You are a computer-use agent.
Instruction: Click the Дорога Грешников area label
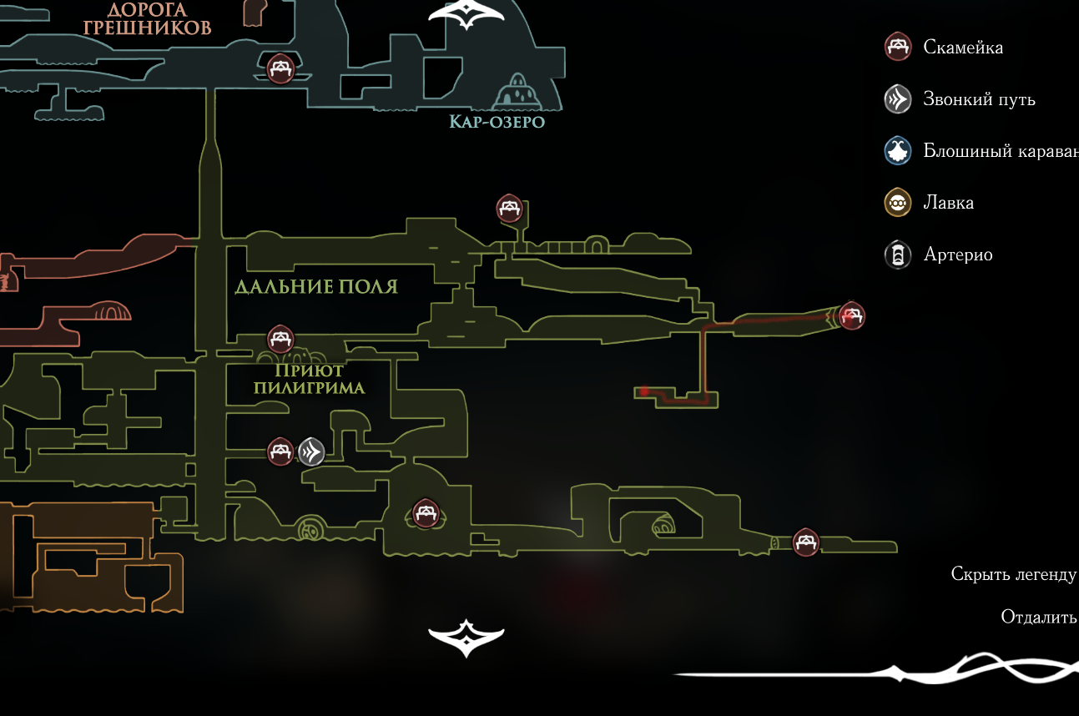(147, 19)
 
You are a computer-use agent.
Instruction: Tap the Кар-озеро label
(497, 123)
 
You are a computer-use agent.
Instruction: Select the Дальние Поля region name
(316, 287)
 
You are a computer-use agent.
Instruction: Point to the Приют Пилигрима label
(310, 379)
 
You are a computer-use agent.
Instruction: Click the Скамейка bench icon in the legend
(898, 47)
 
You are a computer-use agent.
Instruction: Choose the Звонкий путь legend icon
(898, 99)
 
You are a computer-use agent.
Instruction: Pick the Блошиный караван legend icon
(898, 151)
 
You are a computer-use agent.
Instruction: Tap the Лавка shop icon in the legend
(898, 203)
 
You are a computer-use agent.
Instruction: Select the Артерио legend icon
(898, 255)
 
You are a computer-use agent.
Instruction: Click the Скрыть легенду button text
(1013, 574)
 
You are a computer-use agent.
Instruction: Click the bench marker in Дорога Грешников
(280, 68)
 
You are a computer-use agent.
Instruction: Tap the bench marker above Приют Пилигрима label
(280, 339)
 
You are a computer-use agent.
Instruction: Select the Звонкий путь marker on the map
(311, 451)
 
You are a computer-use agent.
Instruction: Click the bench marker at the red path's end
(851, 315)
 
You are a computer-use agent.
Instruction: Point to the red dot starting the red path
(644, 391)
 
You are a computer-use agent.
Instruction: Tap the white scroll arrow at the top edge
(466, 15)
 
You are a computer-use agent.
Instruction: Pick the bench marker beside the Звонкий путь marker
(280, 451)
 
